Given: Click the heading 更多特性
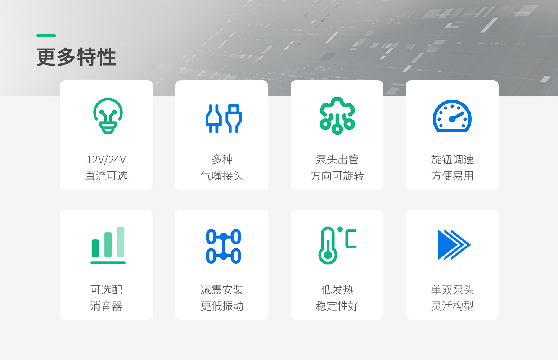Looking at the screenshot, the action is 76,57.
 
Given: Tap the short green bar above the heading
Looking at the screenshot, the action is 46,36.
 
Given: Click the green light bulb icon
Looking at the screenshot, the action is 108,116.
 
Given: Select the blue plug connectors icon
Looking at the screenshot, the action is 224,118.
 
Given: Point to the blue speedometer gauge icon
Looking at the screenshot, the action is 452,116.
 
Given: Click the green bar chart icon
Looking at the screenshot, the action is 108,246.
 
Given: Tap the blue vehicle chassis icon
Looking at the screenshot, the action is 224,246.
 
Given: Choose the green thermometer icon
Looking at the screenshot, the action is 328,246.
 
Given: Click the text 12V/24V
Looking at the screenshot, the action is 106,160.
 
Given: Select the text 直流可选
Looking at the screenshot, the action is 106,176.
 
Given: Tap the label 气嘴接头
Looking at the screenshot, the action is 222,176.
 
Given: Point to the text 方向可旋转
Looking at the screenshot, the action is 337,176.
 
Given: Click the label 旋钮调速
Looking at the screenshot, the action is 453,160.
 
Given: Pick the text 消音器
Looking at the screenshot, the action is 106,306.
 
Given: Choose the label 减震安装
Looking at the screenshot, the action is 222,290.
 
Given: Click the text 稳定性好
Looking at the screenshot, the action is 337,306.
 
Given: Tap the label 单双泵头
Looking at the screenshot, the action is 453,290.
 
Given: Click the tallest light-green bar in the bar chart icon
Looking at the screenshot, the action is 121,242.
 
